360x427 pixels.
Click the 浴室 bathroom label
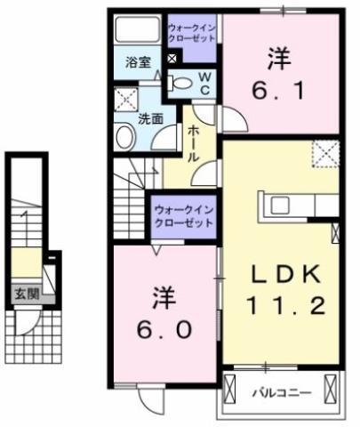[x=138, y=62]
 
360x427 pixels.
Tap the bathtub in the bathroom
[x=137, y=29]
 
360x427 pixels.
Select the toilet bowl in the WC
[x=180, y=84]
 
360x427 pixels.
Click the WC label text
[x=204, y=84]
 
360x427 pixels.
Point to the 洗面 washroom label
[x=151, y=119]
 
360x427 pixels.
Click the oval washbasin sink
[x=125, y=137]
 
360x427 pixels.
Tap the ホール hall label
[x=193, y=143]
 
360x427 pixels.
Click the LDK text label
[x=285, y=274]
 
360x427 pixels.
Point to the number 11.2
[x=286, y=306]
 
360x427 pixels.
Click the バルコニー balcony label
[x=282, y=393]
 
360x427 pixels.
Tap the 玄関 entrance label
[x=27, y=294]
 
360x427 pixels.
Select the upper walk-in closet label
[x=191, y=34]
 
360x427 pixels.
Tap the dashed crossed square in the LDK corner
[x=325, y=154]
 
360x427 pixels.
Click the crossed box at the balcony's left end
[x=229, y=388]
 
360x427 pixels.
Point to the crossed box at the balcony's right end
[x=331, y=388]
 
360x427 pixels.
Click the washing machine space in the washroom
[x=126, y=99]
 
